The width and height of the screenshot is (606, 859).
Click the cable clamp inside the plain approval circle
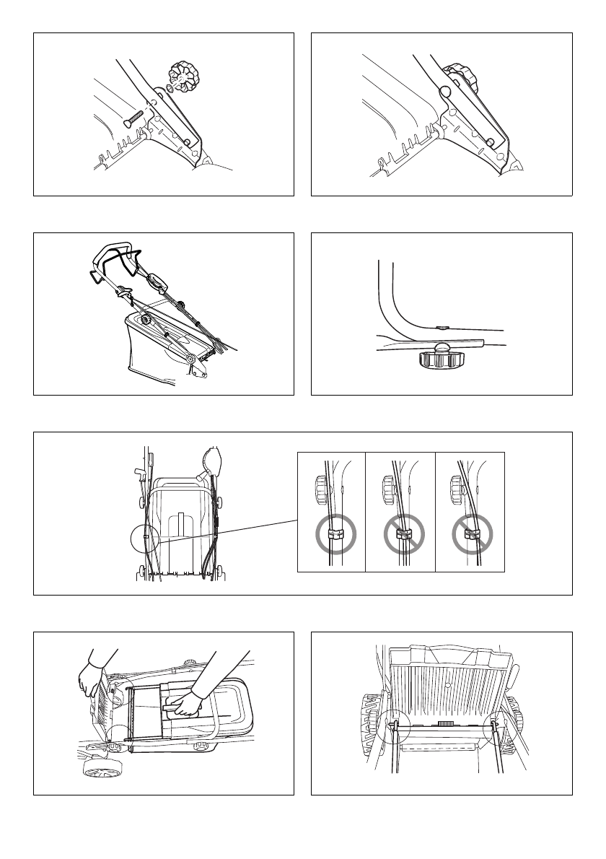tap(333, 534)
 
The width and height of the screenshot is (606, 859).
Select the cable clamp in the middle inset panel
tap(403, 534)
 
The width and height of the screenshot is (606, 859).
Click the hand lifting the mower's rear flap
tap(92, 679)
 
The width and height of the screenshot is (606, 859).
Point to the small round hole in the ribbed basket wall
tap(447, 681)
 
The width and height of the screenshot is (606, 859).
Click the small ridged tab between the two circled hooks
tap(446, 721)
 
